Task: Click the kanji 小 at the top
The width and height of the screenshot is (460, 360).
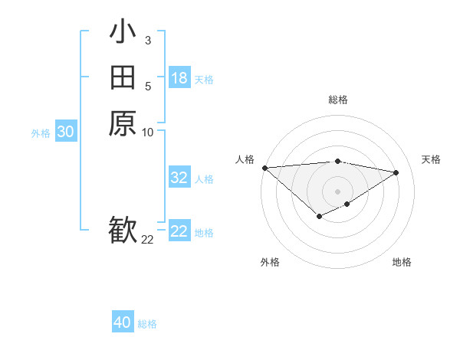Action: [123, 32]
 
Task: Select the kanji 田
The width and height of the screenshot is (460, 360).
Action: [123, 77]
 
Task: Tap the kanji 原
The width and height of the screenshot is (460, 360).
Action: [123, 123]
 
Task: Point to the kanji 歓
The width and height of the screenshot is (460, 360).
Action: [123, 230]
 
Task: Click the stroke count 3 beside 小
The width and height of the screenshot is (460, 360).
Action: [147, 41]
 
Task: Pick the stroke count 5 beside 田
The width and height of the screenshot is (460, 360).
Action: [147, 87]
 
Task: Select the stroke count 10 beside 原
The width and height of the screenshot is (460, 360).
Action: [147, 132]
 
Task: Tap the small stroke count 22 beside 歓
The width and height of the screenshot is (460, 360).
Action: [147, 240]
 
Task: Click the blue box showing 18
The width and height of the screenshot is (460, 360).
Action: [179, 77]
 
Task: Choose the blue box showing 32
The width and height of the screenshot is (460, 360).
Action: [179, 178]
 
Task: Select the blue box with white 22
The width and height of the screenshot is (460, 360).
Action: [179, 231]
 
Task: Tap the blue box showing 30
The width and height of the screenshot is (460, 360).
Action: [66, 132]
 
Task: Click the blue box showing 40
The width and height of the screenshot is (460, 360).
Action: [123, 322]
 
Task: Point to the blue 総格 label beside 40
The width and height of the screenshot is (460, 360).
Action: [147, 324]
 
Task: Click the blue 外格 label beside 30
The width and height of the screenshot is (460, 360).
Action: [41, 133]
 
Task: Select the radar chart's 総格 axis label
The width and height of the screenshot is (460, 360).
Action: [338, 100]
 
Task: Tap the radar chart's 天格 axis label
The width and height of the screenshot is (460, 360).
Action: [432, 159]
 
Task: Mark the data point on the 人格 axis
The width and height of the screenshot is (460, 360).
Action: [264, 167]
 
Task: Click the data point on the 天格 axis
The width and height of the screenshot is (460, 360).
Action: [396, 172]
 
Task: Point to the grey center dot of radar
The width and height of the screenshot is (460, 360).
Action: [338, 191]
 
